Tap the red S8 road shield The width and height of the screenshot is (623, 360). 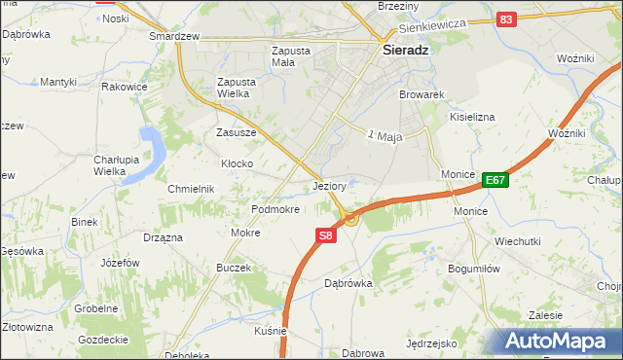point(326,235)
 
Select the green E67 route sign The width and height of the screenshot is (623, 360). point(495,179)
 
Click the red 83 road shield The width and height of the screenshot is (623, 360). point(505,19)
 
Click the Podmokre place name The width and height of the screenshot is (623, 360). point(275,209)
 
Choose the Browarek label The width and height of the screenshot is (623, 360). point(421,95)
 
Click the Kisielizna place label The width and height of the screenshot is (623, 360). point(472,117)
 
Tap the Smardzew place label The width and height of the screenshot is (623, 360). point(173,36)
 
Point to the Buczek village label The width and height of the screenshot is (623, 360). point(234,268)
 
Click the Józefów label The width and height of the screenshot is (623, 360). point(120,264)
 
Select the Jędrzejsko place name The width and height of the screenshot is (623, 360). point(432,343)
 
